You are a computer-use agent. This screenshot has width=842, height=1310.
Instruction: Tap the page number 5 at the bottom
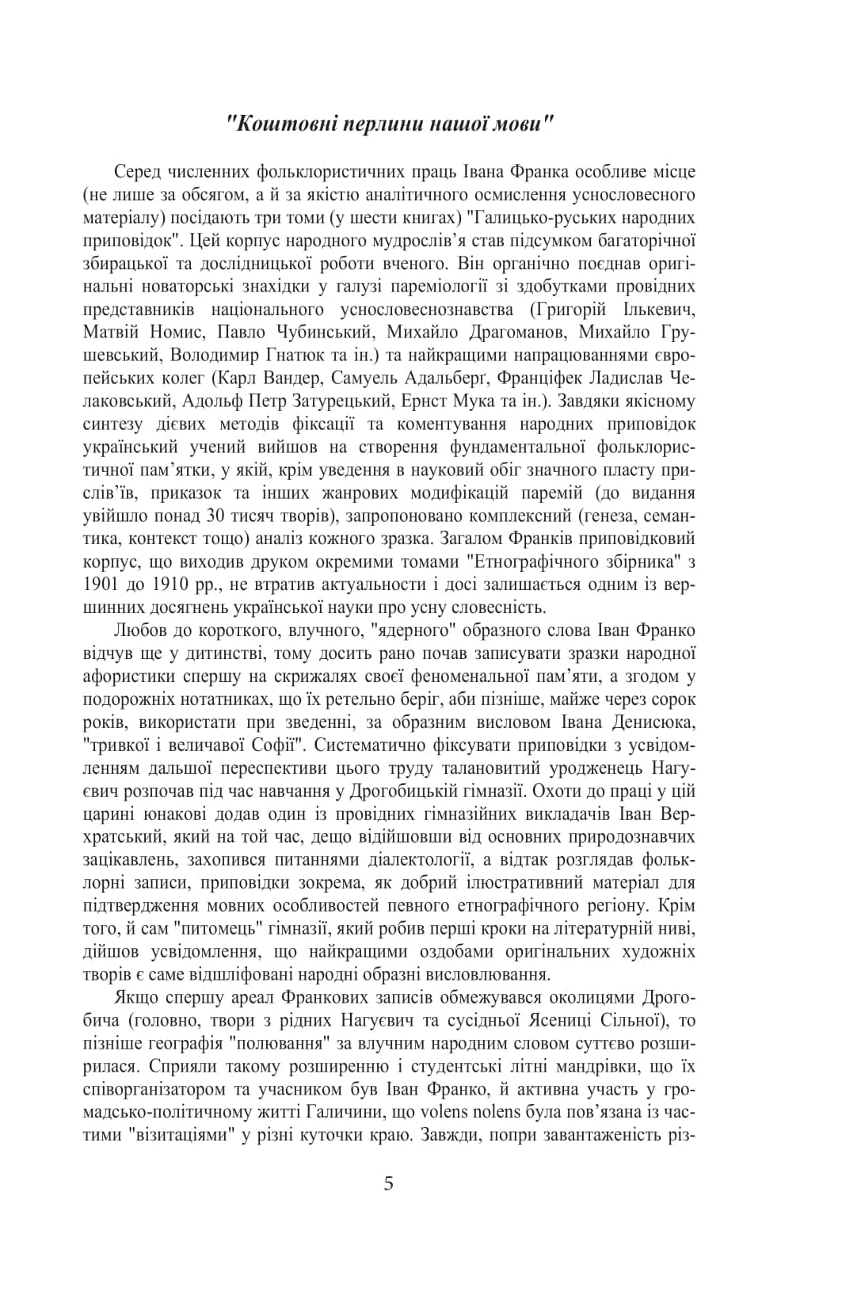[388, 1183]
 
